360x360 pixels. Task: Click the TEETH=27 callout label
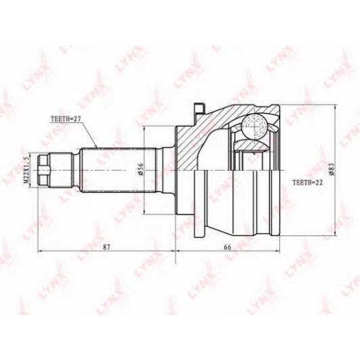(66, 119)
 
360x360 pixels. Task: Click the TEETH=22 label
(307, 183)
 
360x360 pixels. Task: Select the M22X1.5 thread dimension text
(27, 171)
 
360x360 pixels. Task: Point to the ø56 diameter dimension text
(141, 169)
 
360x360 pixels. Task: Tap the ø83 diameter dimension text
(331, 169)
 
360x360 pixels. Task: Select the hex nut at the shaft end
(44, 171)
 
